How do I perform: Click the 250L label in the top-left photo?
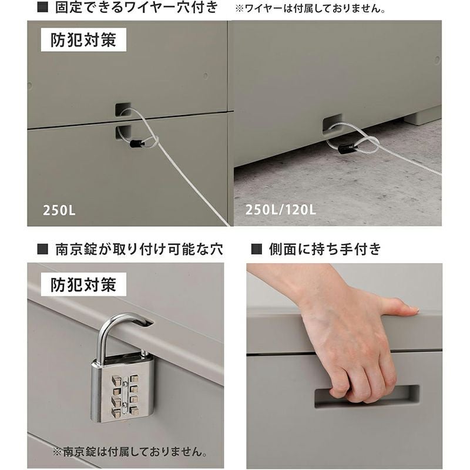click(x=59, y=210)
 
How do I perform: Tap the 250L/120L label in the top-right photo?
click(x=281, y=210)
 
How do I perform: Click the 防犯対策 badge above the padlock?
click(x=83, y=284)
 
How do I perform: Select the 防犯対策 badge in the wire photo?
click(x=83, y=40)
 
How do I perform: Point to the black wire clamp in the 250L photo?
click(x=137, y=143)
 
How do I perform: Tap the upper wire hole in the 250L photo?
click(x=123, y=110)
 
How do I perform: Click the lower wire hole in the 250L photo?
click(x=123, y=133)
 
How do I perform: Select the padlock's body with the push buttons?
click(x=122, y=390)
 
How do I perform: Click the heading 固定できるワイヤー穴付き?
click(x=136, y=7)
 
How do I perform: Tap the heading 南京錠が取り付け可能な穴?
click(x=139, y=249)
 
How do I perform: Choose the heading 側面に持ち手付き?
click(x=325, y=249)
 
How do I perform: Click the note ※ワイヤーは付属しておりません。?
click(x=311, y=8)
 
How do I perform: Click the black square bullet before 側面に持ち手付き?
click(x=257, y=249)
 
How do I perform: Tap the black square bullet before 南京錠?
click(x=42, y=249)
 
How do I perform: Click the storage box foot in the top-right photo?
click(x=422, y=117)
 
